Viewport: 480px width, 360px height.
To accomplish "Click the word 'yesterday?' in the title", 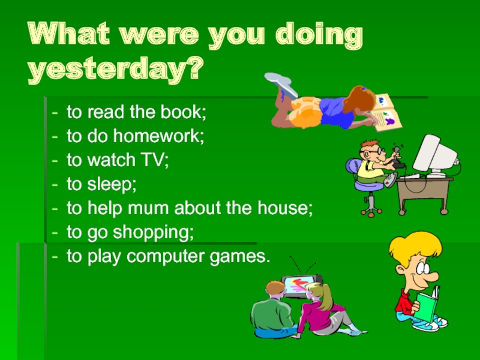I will pyautogui.click(x=114, y=71).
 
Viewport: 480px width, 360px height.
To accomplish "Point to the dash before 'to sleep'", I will pyautogui.click(x=55, y=185).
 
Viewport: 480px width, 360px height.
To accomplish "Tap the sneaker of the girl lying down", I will pyautogui.click(x=282, y=85).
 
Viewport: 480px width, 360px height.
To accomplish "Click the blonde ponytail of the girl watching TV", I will pyautogui.click(x=325, y=295).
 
